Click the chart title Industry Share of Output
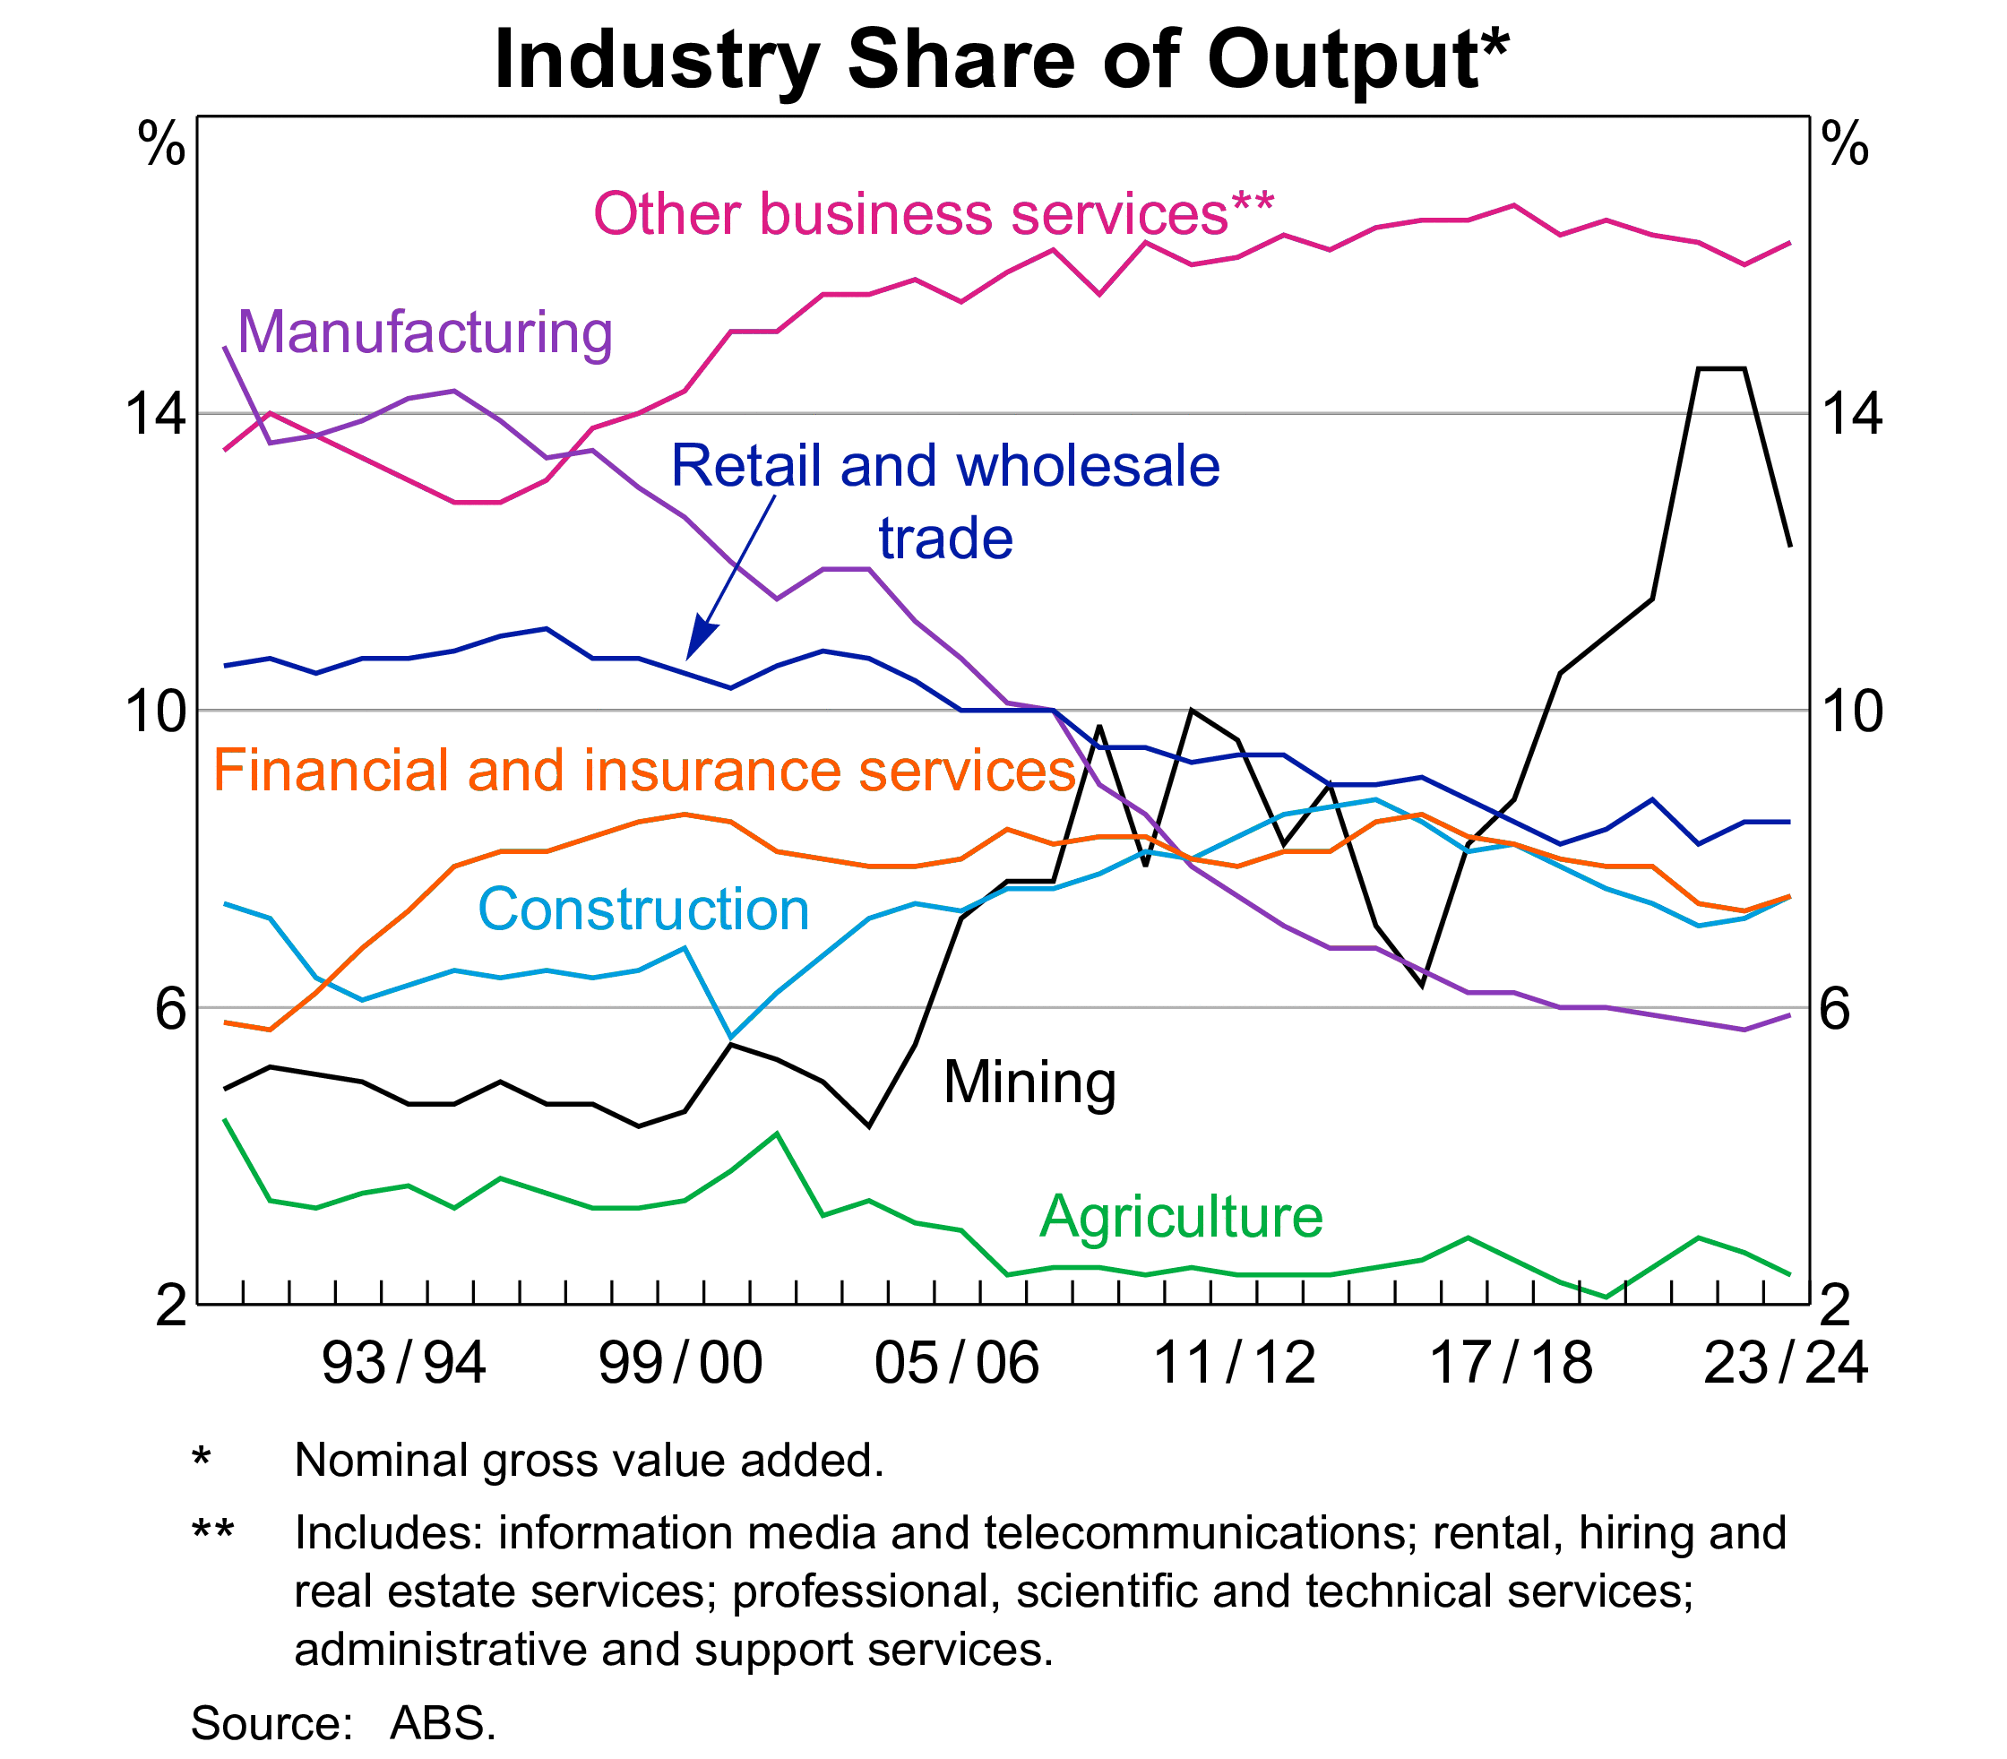click(x=1001, y=61)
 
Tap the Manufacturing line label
click(x=425, y=332)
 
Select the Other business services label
click(x=933, y=214)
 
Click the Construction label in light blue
click(x=642, y=909)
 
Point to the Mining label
click(x=1029, y=1082)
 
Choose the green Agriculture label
click(x=1181, y=1216)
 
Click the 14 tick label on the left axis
click(x=155, y=413)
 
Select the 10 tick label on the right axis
click(x=1851, y=711)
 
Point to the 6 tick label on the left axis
click(x=169, y=1008)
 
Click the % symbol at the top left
click(x=161, y=145)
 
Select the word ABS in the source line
click(x=443, y=1722)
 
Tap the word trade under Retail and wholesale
click(x=945, y=539)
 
